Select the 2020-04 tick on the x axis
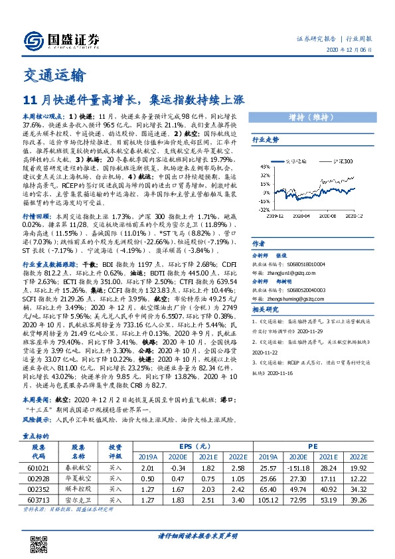(301, 216)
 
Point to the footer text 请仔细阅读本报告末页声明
(197, 534)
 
